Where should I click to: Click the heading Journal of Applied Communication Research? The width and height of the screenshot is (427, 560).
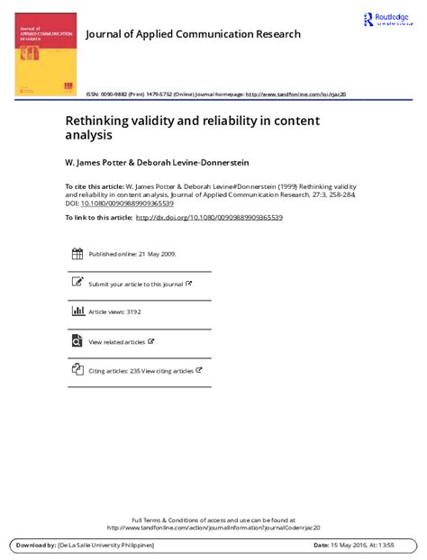click(x=193, y=34)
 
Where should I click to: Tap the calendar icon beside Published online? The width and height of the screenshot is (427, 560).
click(x=77, y=254)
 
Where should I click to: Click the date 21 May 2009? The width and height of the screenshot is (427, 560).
click(x=155, y=255)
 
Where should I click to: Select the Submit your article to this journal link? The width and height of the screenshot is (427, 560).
click(x=135, y=284)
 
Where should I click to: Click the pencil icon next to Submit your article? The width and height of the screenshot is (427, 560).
click(x=77, y=283)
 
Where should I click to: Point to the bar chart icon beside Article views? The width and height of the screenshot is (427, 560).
click(x=77, y=312)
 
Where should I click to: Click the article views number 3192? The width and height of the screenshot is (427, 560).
click(x=132, y=312)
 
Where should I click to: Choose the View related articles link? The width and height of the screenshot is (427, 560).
click(x=116, y=342)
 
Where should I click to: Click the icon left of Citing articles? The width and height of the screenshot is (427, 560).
click(x=77, y=370)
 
